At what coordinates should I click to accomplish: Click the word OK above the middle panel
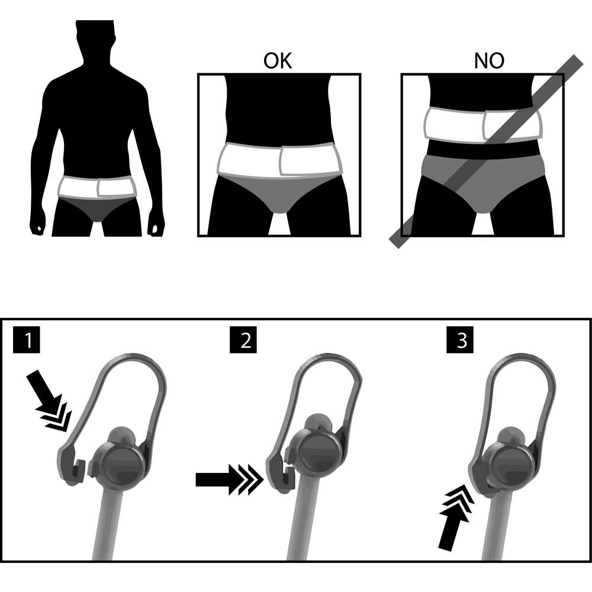pos(278,61)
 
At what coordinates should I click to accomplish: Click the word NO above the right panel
pos(489,61)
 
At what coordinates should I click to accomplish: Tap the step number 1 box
pos(27,340)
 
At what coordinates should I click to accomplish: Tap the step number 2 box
pos(243,340)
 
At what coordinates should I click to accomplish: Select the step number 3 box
pos(460,340)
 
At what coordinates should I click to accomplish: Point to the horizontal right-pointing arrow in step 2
pos(229,480)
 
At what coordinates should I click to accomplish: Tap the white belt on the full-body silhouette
pos(96,187)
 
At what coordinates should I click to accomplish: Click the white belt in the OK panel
pos(279,160)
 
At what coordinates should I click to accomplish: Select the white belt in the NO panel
pos(484,126)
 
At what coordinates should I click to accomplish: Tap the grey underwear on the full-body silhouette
pos(96,208)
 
